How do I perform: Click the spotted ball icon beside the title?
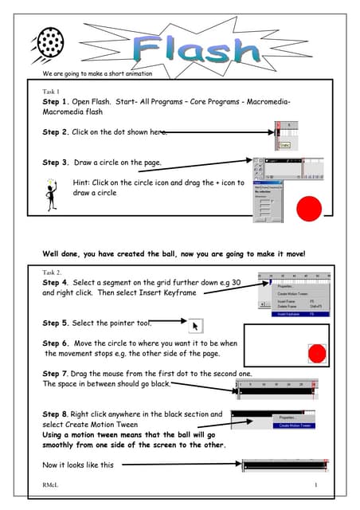click(x=49, y=39)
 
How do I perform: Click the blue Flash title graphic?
click(x=197, y=49)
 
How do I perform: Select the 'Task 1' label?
click(x=53, y=92)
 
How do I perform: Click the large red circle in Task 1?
click(x=309, y=210)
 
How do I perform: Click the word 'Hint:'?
click(x=82, y=182)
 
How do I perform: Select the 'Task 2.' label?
click(x=53, y=272)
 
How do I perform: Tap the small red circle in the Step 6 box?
click(x=316, y=352)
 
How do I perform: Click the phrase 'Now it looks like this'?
click(x=78, y=465)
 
